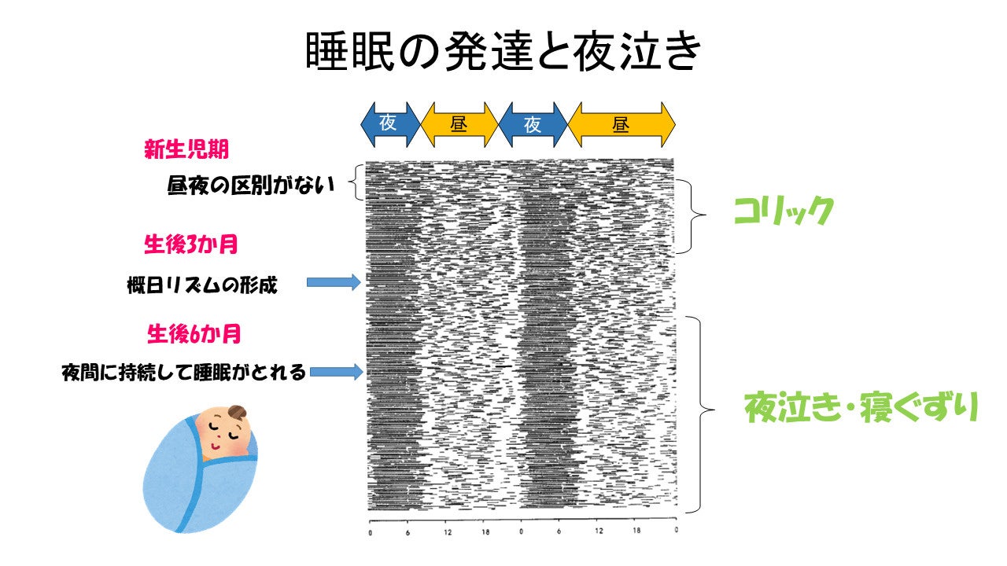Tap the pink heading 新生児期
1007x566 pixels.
186,150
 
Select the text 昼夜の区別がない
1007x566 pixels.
251,186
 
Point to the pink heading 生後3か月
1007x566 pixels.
190,244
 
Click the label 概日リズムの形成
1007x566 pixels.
202,284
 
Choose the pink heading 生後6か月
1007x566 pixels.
194,334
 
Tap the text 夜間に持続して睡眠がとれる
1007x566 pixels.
183,373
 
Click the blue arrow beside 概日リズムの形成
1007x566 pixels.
334,282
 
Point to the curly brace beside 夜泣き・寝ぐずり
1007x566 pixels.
701,413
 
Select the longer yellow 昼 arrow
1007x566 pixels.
621,124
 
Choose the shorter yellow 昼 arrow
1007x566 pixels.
459,124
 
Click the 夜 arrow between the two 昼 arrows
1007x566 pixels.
533,124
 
